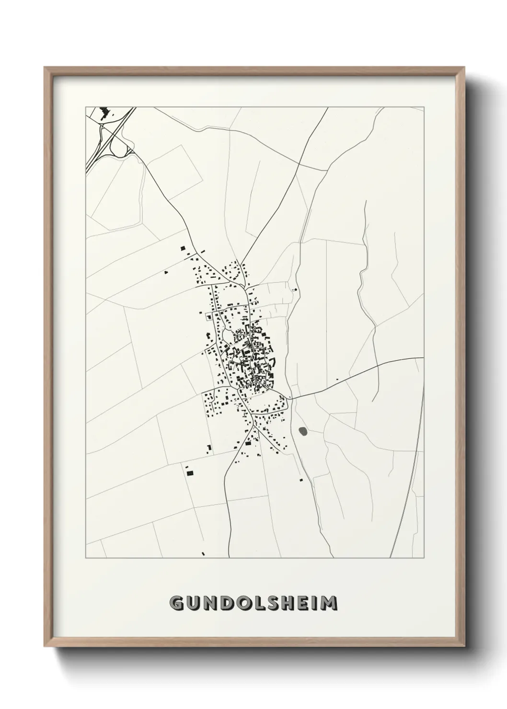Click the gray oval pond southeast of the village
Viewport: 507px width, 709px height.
303,431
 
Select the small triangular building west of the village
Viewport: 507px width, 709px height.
166,272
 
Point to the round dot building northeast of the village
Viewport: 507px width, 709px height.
295,290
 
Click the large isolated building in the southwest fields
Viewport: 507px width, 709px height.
189,473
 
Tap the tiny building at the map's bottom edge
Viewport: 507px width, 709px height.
203,554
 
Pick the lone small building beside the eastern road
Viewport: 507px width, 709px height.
337,380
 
